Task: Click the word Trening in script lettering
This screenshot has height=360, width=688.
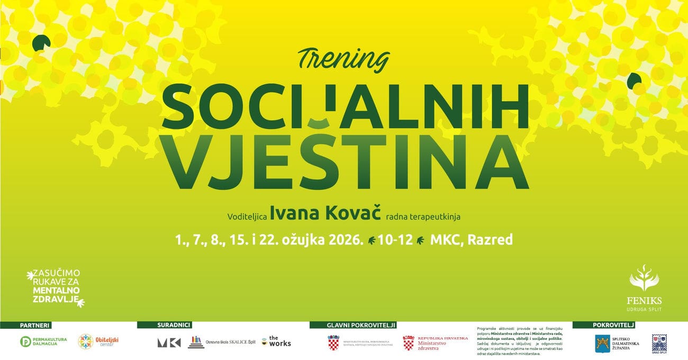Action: tap(344, 59)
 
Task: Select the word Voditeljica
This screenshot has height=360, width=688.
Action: tap(247, 217)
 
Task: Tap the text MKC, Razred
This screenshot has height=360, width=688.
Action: tap(471, 240)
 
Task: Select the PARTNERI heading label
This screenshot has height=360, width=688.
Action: tap(35, 325)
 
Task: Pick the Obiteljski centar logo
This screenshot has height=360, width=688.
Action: tap(98, 342)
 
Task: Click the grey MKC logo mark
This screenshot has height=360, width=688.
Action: tap(169, 343)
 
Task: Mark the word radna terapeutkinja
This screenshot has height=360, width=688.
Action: tap(435, 217)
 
